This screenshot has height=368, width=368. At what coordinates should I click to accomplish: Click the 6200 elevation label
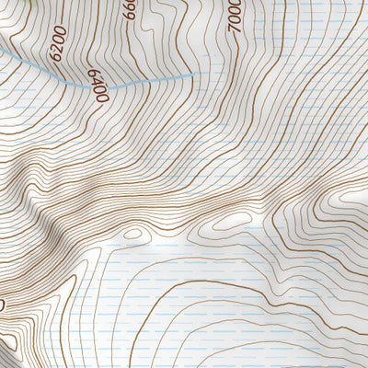[x=61, y=42]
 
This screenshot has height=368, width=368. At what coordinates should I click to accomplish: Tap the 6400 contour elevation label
[x=98, y=86]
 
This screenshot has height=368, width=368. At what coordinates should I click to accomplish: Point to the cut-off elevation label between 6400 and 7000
[x=130, y=11]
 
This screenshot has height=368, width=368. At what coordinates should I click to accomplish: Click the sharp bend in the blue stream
[x=89, y=86]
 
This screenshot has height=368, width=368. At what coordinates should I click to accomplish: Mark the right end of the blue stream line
[x=194, y=74]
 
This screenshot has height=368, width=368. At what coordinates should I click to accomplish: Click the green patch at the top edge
[x=34, y=3]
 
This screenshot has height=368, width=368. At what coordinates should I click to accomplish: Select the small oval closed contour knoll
[x=134, y=234]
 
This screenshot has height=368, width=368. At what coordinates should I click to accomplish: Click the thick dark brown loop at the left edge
[x=3, y=304]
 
